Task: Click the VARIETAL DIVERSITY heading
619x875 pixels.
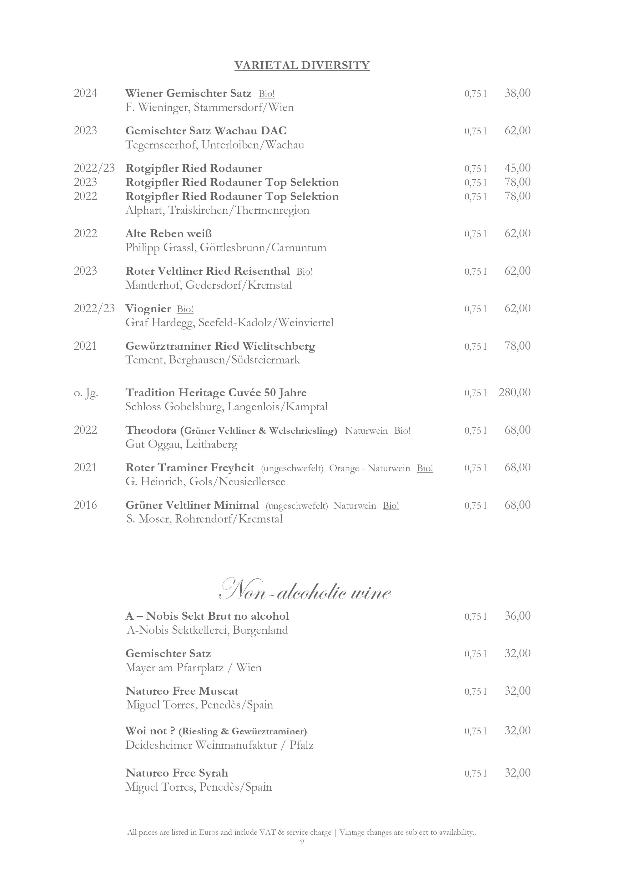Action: (x=302, y=65)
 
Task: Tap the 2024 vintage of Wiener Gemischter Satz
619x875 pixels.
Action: (x=85, y=93)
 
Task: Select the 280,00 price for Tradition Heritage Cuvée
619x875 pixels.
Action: (x=514, y=392)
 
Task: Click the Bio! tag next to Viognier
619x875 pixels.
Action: (x=185, y=309)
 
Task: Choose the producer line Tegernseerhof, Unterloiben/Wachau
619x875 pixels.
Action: (x=214, y=145)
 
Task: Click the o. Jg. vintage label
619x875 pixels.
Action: (x=86, y=392)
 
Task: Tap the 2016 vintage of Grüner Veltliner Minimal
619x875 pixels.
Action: (x=85, y=505)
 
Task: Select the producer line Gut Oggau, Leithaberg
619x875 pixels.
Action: (x=181, y=444)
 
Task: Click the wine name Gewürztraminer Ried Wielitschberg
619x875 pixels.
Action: (x=220, y=346)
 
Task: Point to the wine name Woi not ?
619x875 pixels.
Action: (x=150, y=731)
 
